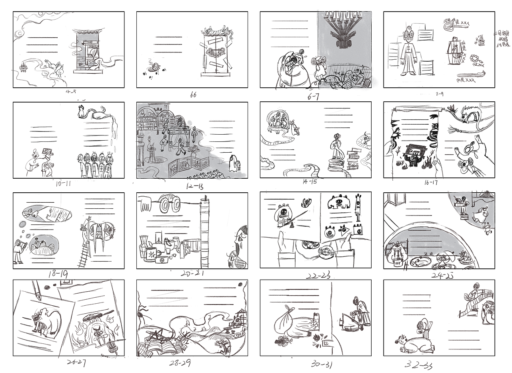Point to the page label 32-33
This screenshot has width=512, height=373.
418,365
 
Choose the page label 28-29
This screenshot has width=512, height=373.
180,363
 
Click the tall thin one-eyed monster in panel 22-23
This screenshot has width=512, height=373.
358,208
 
